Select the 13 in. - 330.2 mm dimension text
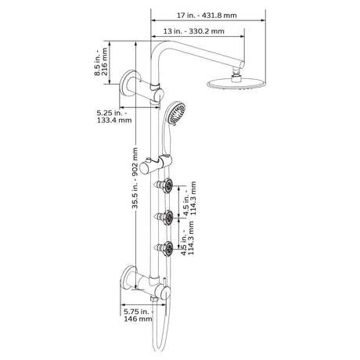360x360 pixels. (196, 31)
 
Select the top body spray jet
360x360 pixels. (165, 186)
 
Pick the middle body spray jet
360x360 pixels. (165, 217)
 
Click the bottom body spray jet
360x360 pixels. (165, 250)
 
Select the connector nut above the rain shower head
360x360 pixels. (234, 74)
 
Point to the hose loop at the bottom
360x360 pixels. (163, 340)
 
